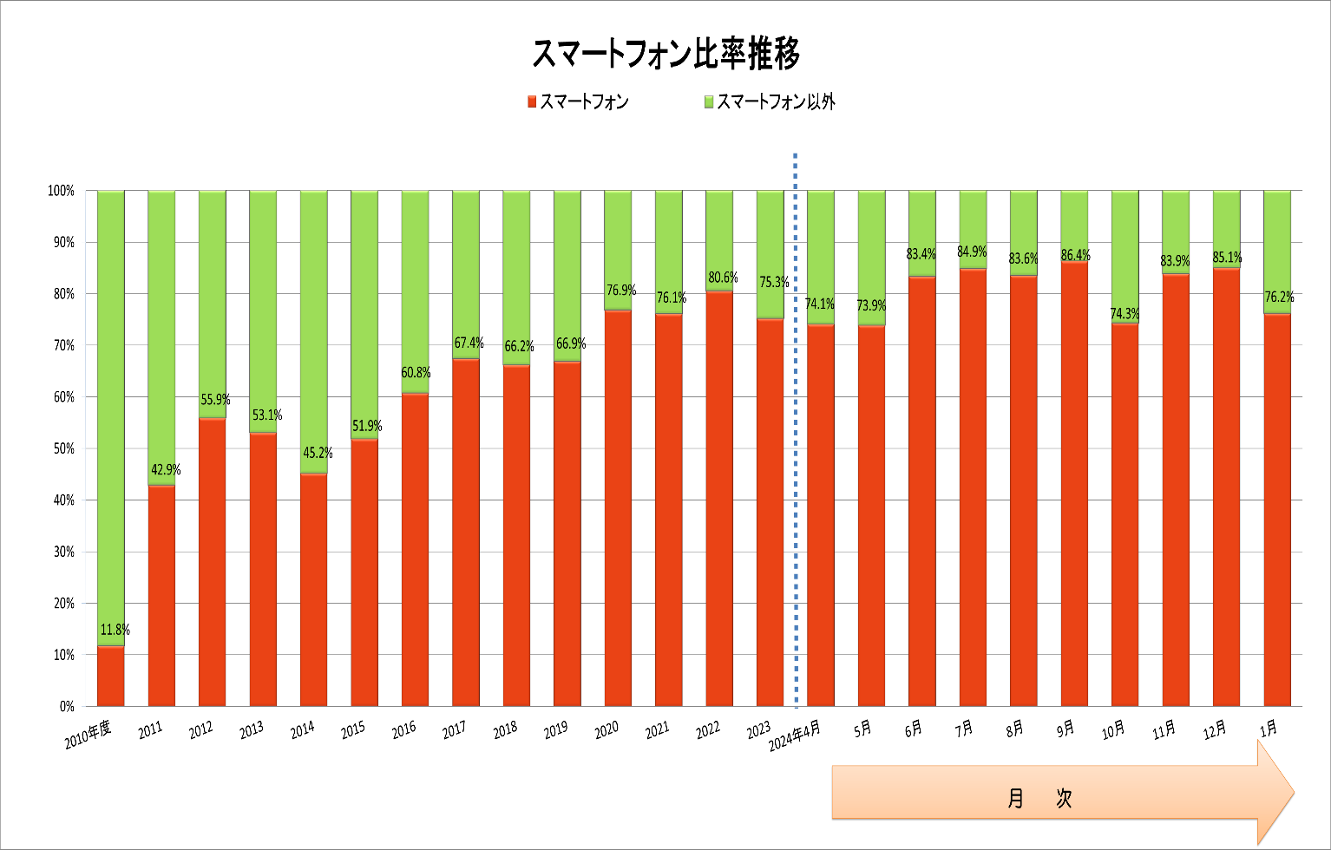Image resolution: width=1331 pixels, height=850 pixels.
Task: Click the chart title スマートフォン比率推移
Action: (665, 54)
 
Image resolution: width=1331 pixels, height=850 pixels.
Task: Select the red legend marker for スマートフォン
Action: (532, 102)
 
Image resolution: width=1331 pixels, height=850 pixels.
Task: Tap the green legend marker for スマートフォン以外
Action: (709, 102)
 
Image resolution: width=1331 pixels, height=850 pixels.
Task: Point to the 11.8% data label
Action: (115, 630)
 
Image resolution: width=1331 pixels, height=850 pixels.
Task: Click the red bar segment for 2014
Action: (314, 590)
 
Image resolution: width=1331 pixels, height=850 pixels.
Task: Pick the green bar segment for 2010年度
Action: (111, 416)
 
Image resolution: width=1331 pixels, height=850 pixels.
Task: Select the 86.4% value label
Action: (1075, 255)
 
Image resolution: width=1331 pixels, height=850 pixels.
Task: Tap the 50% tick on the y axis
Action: (61, 448)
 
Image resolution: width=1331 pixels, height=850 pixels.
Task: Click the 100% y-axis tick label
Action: (61, 191)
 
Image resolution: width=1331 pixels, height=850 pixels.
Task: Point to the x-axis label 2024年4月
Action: (794, 736)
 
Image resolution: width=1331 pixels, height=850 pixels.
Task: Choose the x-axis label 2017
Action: (455, 731)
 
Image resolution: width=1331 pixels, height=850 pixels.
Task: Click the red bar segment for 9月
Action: (1075, 486)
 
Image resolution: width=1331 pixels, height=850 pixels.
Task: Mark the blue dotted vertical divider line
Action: (796, 434)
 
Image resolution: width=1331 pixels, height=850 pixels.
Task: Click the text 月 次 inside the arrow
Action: (1039, 798)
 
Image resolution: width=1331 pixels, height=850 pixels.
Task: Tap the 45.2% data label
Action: (318, 453)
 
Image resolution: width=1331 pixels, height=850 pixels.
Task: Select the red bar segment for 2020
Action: (618, 507)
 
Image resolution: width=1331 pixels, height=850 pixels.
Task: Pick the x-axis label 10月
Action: (1113, 730)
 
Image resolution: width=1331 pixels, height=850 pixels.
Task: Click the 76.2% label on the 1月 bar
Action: (1278, 297)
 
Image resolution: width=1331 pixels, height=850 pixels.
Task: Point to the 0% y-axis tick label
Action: (67, 706)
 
